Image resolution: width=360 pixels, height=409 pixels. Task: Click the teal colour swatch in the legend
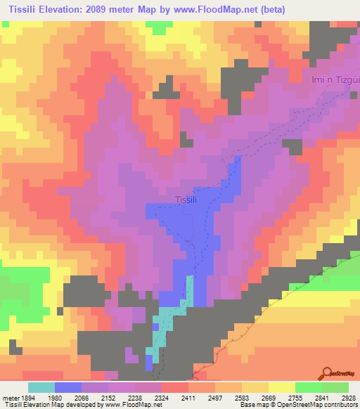click(x=41, y=387)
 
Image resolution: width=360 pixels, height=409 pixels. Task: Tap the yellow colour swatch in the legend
click(x=281, y=387)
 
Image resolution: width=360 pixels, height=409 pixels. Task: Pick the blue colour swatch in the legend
click(x=68, y=387)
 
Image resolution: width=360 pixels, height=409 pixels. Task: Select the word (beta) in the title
click(x=271, y=8)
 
